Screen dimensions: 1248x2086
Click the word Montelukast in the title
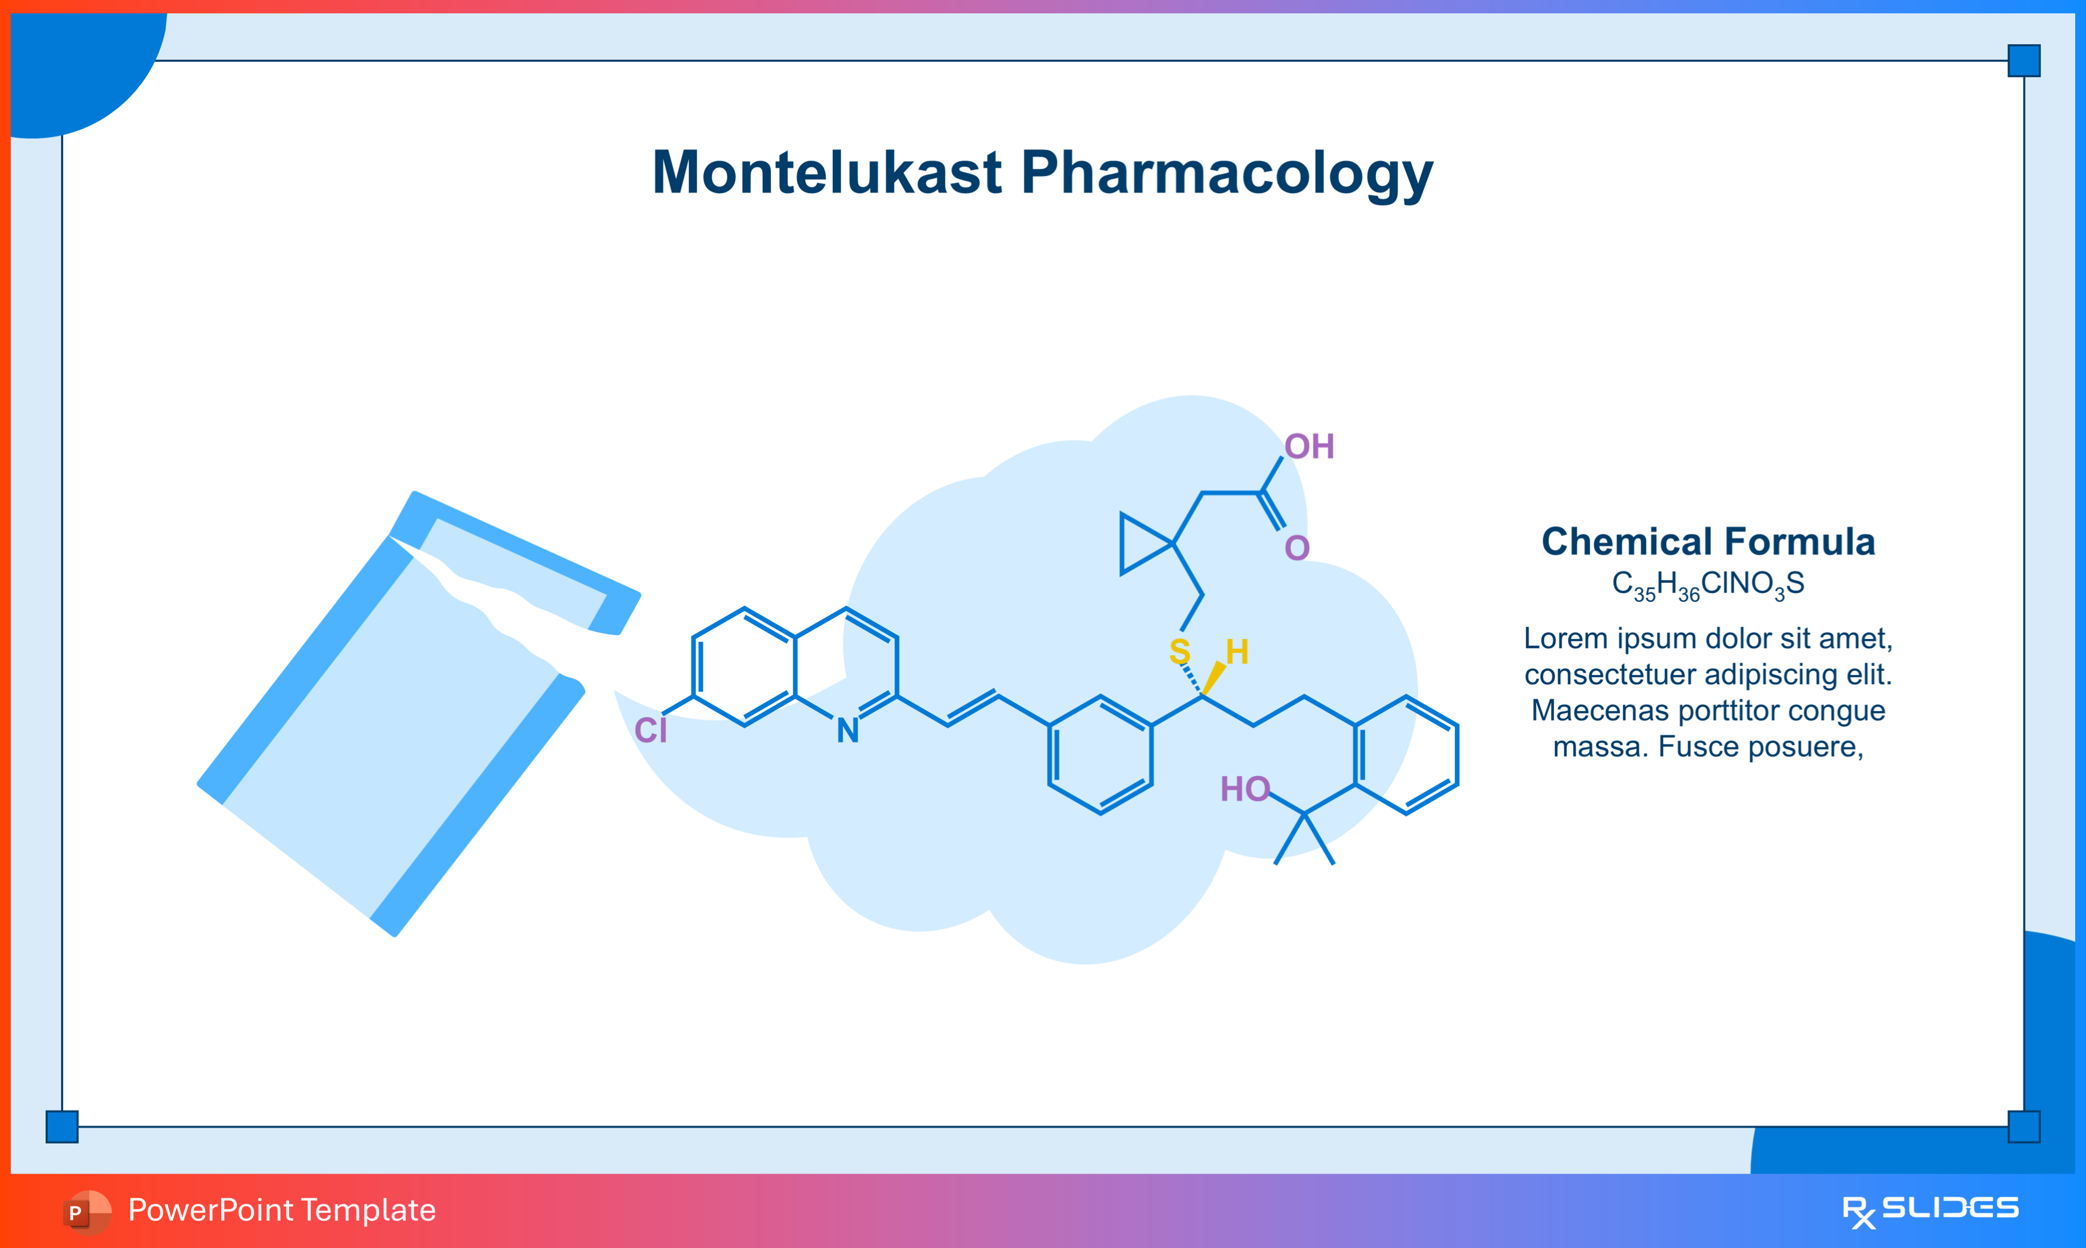tap(826, 173)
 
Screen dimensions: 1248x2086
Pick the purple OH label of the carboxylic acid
tap(1309, 446)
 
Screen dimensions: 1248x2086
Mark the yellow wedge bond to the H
tap(1214, 678)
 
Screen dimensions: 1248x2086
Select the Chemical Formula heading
tap(1708, 541)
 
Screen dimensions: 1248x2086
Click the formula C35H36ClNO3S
tap(1708, 584)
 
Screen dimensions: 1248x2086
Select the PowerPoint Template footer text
tap(282, 1210)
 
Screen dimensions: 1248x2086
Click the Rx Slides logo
tap(1929, 1210)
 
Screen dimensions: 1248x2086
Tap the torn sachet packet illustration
tap(395, 723)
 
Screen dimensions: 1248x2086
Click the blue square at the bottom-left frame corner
tap(62, 1126)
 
